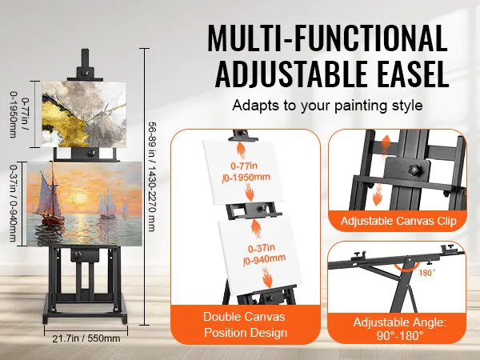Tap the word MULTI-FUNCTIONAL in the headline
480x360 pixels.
(x=327, y=38)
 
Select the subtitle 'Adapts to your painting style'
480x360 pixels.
(x=327, y=106)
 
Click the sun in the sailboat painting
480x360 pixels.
(x=80, y=197)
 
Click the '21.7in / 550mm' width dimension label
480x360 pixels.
(x=86, y=338)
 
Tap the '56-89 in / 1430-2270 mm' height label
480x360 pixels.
(x=152, y=176)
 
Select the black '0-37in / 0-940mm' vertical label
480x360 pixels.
(x=13, y=203)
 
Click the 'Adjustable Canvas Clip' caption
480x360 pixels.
(x=398, y=221)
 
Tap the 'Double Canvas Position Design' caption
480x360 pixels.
(x=245, y=325)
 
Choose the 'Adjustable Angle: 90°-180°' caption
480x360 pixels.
(x=400, y=329)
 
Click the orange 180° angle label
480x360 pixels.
(x=427, y=273)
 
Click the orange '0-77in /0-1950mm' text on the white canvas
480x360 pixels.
(x=246, y=172)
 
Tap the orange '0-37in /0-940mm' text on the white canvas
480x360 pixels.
(x=264, y=254)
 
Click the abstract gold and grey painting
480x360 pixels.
(x=84, y=114)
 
